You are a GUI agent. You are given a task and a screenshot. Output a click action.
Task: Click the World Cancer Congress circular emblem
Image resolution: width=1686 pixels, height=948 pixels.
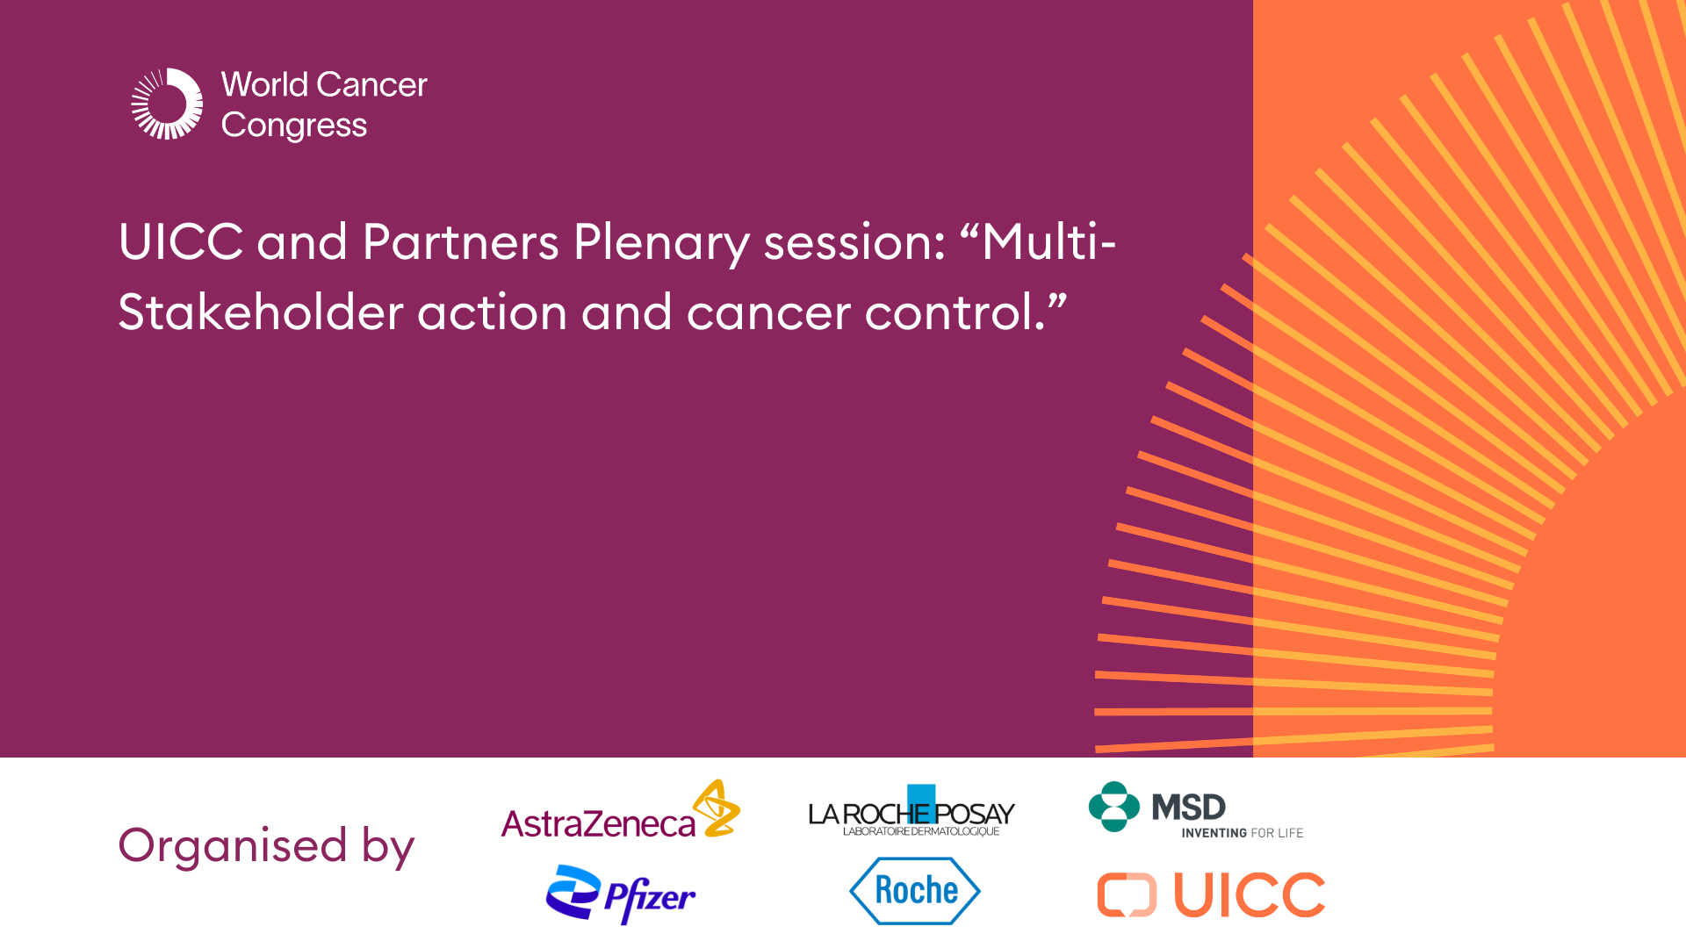pos(167,104)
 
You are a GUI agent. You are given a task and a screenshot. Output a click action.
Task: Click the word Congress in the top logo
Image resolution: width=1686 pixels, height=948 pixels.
pos(293,126)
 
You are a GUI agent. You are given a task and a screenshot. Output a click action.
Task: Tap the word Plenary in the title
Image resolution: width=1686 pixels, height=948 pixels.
pos(661,242)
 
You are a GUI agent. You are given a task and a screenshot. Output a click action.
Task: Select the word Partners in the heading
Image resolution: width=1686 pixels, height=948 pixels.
pos(460,242)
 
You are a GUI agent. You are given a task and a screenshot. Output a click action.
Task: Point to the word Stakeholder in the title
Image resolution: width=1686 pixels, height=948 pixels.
pos(260,312)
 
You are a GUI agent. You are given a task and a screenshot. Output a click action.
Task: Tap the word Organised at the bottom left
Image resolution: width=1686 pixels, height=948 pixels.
pos(233,845)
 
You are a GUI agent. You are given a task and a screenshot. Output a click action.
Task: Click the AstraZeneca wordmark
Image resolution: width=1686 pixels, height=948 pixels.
pos(598,824)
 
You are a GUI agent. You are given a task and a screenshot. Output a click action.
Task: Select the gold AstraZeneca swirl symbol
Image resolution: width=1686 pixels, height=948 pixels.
pos(717,808)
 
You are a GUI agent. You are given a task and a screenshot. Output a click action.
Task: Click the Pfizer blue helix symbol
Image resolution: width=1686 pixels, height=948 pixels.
pos(572,892)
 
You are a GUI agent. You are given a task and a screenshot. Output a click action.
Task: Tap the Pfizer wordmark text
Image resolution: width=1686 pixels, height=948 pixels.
pos(651,897)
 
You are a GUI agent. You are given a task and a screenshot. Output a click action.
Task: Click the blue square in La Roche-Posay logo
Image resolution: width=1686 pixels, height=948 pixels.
pos(921,797)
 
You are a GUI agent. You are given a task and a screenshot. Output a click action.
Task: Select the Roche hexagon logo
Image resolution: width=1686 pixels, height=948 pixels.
pos(915,891)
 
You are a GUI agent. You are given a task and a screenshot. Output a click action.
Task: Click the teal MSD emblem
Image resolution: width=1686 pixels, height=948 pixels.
pos(1113,807)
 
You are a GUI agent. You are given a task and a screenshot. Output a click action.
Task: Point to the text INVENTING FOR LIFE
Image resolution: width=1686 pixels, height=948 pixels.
pos(1242,833)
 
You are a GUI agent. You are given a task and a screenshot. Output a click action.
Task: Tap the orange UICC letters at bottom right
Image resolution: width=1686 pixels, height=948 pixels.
pos(1249,895)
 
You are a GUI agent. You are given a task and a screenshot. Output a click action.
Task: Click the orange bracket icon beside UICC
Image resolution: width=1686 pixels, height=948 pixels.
pos(1127,895)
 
